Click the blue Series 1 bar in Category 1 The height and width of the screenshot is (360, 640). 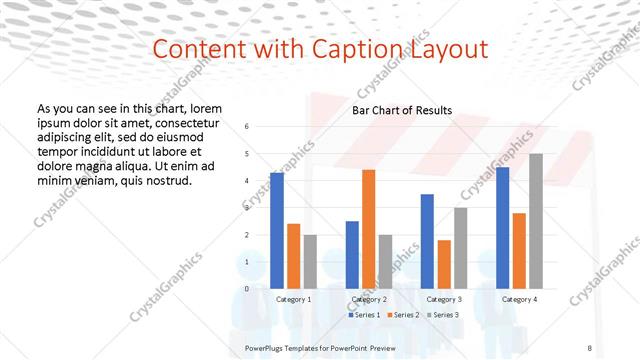277,230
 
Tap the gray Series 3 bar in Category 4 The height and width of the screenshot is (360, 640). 536,221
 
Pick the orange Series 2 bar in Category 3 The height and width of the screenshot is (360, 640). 444,264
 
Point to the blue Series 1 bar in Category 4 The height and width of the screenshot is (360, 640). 502,228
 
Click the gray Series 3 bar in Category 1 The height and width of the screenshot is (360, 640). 310,261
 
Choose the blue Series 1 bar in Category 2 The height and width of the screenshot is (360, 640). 352,254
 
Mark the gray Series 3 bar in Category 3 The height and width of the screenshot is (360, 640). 461,248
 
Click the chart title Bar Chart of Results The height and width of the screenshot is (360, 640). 402,110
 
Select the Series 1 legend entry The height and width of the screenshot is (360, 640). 365,315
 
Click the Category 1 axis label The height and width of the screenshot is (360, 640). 293,299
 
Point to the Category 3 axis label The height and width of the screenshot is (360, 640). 444,299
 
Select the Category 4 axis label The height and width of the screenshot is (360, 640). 519,299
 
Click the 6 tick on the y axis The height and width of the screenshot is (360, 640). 247,126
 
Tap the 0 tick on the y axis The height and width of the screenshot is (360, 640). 247,289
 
